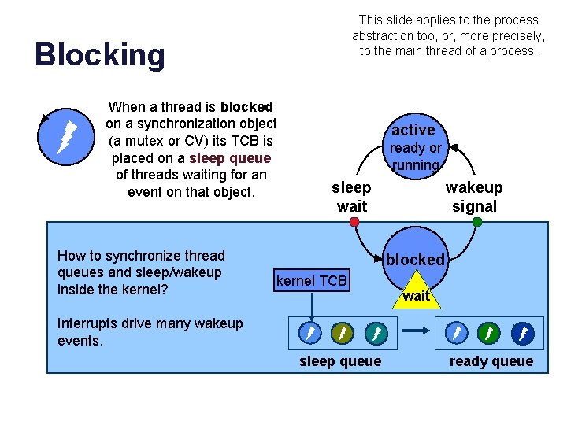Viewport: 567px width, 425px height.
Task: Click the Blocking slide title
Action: (100, 55)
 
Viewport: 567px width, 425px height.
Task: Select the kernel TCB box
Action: (312, 281)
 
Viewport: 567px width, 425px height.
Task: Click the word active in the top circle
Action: (413, 130)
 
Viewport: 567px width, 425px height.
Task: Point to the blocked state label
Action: (415, 259)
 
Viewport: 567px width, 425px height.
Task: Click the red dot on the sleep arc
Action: (354, 223)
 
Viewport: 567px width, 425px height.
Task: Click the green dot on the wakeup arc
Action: (477, 223)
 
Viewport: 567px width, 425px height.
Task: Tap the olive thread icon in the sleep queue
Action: (342, 334)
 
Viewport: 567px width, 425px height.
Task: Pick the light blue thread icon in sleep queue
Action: (310, 334)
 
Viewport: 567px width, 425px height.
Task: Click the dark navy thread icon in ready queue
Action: (522, 334)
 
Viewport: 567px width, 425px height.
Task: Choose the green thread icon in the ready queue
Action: (490, 334)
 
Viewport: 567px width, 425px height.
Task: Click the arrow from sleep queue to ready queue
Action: (415, 334)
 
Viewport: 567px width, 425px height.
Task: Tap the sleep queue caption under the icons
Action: (340, 361)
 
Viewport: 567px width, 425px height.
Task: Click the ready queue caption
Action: (491, 361)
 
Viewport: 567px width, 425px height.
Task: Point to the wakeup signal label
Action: (474, 197)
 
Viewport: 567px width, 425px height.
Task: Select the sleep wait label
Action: (351, 197)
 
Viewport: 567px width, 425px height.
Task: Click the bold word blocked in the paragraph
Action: (246, 106)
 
